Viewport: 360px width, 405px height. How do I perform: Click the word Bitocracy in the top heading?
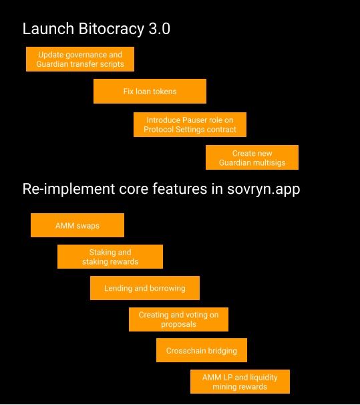point(111,29)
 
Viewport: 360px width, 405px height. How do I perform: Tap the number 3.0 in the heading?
point(160,29)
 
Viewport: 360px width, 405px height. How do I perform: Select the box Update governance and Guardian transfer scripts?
point(80,59)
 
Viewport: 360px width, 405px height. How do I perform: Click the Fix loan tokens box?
point(150,91)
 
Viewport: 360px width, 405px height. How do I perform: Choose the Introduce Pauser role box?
point(190,124)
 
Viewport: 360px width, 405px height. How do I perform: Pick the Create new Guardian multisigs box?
point(252,157)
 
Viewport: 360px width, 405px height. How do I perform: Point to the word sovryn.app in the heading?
point(263,189)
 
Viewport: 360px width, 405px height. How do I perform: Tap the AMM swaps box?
point(77,225)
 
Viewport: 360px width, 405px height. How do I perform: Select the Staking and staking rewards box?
point(110,257)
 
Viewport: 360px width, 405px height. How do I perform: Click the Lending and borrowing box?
point(145,288)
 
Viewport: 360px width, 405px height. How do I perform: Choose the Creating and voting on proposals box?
point(178,319)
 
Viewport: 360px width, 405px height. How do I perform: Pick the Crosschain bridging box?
point(202,350)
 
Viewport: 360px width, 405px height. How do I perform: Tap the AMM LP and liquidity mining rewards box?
point(240,382)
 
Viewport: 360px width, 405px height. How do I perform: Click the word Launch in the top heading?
point(48,29)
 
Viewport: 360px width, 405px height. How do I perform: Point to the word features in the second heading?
point(180,189)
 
